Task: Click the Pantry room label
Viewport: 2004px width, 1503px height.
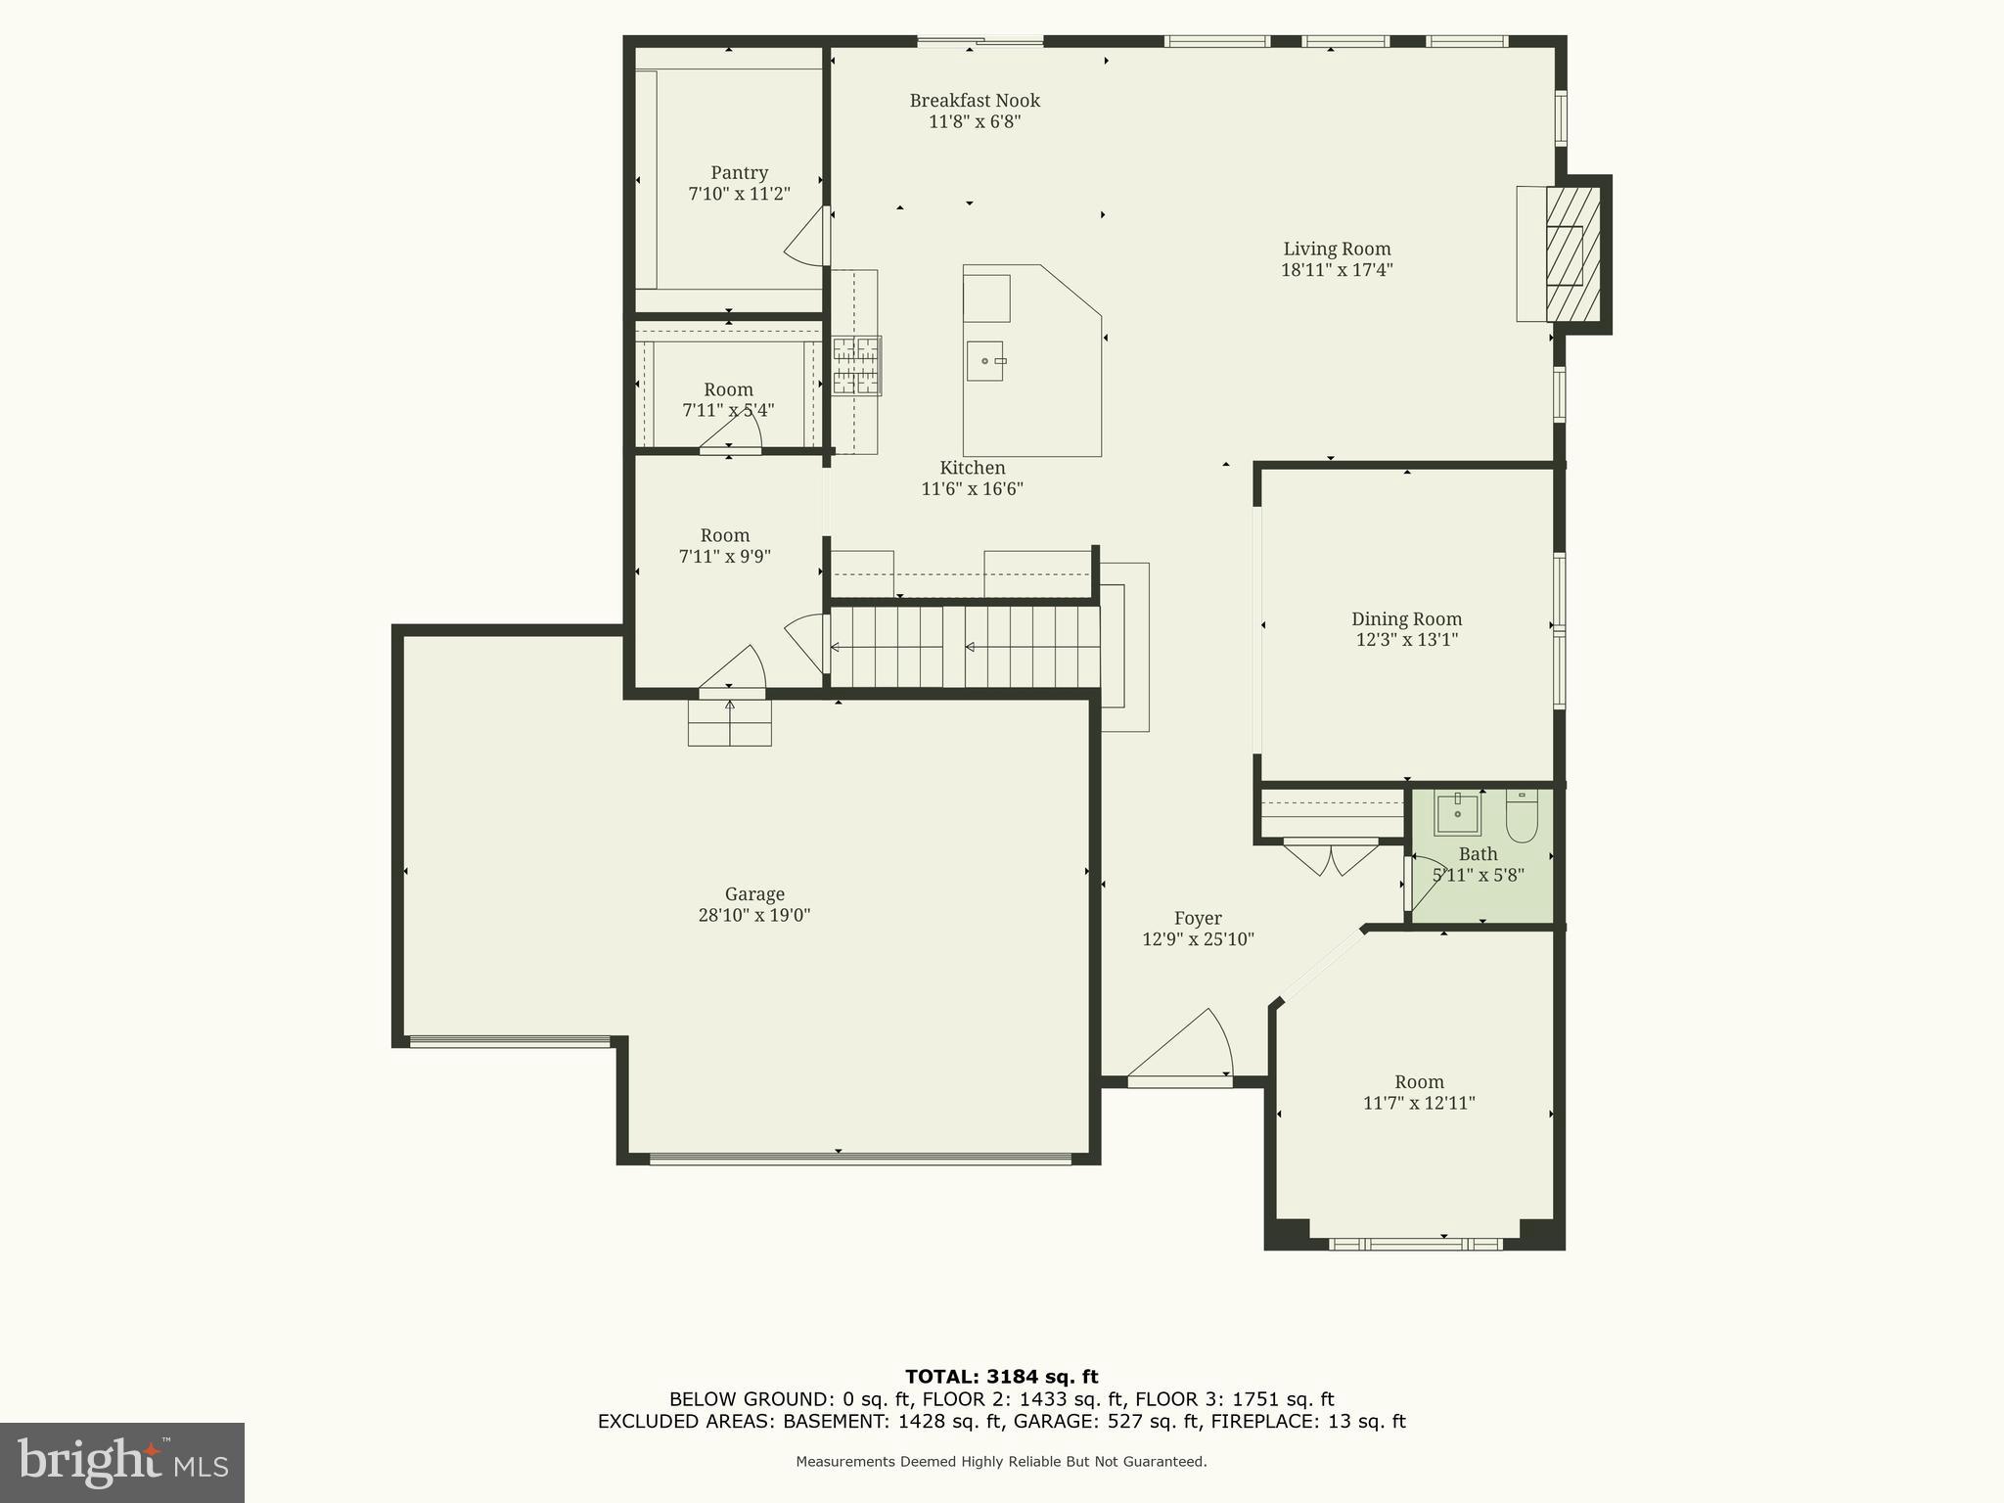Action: [x=739, y=173]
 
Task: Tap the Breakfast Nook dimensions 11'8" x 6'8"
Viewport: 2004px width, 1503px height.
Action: [x=975, y=122]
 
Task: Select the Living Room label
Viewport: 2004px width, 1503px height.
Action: [x=1337, y=249]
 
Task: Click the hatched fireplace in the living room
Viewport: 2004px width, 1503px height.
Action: [x=1571, y=254]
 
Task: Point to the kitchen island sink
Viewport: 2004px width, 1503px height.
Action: [x=984, y=361]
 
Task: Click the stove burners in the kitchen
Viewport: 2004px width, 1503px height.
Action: [x=856, y=365]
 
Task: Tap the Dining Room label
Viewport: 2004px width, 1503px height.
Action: [x=1406, y=618]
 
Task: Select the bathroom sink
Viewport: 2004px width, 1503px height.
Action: [x=1457, y=813]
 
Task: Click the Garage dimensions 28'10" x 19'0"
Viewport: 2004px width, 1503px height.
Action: [x=754, y=916]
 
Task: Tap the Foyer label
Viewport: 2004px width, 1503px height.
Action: [x=1198, y=918]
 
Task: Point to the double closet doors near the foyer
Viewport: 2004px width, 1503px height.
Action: [x=1331, y=857]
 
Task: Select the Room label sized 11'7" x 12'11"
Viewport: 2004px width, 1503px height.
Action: [x=1419, y=1082]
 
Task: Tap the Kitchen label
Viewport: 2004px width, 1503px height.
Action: [x=973, y=468]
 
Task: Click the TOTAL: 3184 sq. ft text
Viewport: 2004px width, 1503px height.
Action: [x=1001, y=1377]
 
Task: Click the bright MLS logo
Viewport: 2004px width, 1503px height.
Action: [x=122, y=1462]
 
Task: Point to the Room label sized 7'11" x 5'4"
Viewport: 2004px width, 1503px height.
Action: [x=728, y=389]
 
